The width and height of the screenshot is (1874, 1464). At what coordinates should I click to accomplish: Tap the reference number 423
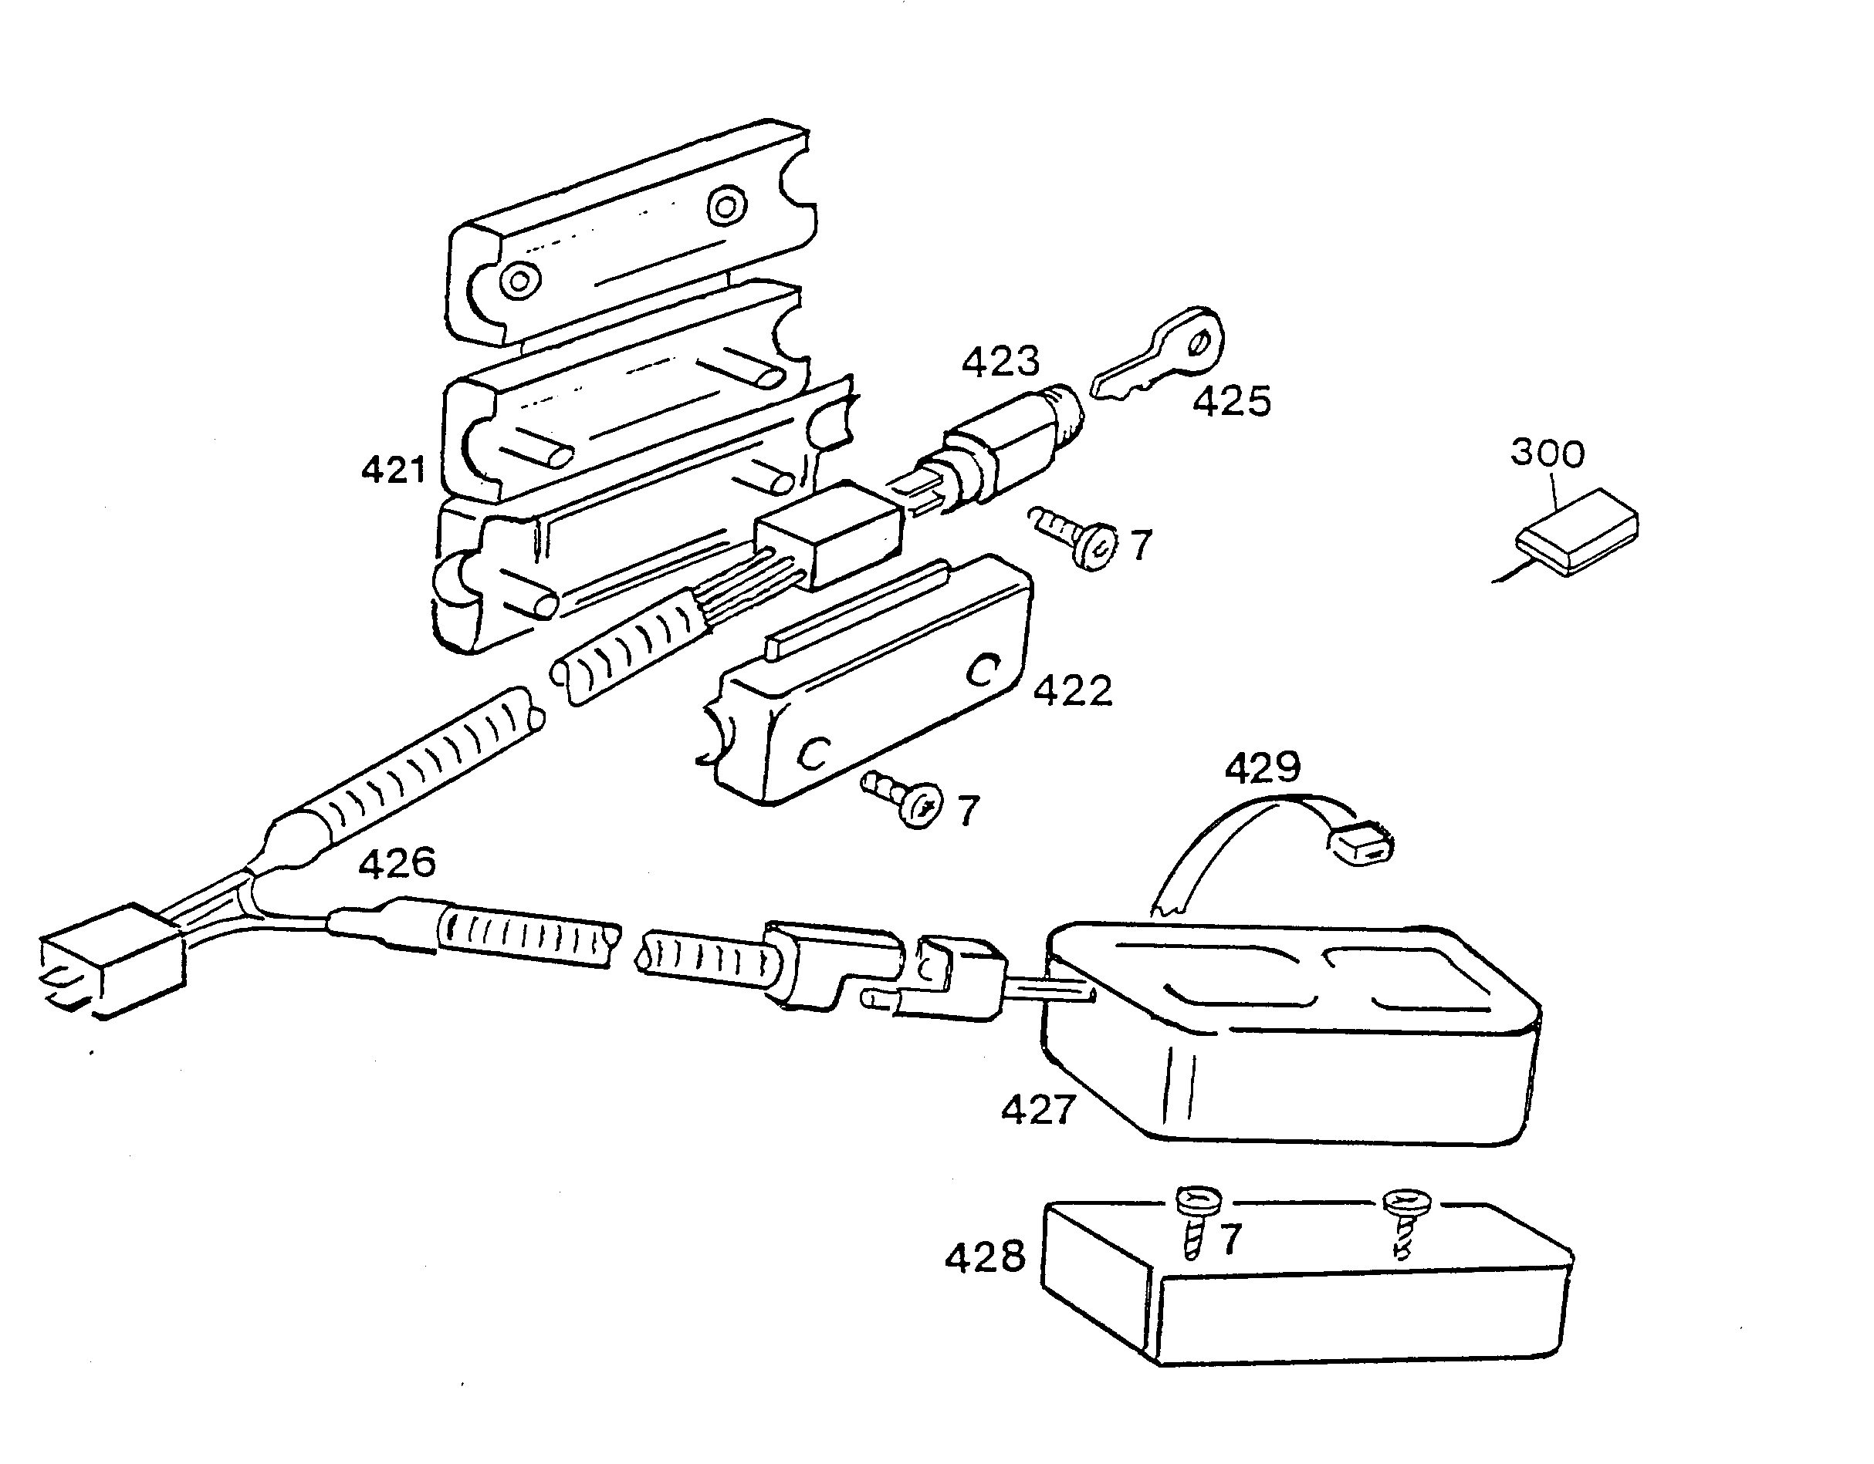(1000, 361)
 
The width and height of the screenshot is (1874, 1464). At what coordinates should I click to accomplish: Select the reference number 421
(394, 470)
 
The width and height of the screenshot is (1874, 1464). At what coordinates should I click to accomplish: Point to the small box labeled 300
(1577, 531)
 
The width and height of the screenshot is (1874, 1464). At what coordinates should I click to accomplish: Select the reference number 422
(1073, 690)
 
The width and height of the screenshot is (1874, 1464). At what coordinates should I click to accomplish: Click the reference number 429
(1262, 767)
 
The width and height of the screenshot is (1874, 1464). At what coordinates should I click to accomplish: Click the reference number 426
(397, 863)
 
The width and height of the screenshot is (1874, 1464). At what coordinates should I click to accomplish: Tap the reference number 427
(1038, 1110)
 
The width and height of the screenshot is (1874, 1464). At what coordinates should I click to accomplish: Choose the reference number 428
(985, 1257)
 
